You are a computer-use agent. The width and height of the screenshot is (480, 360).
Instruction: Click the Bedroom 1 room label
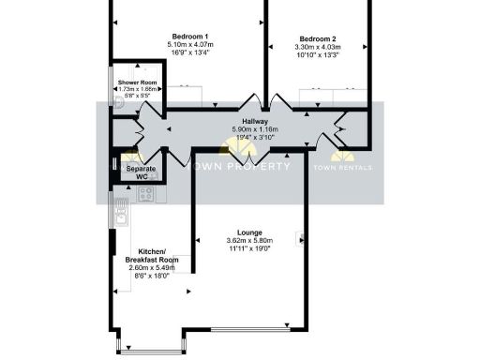point(192,36)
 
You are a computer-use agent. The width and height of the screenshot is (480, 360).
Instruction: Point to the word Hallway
point(254,122)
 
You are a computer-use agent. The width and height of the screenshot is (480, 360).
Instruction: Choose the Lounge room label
point(249,232)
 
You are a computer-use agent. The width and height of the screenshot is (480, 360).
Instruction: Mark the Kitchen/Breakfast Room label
point(150,256)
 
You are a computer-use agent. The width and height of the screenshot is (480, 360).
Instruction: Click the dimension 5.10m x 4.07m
point(192,44)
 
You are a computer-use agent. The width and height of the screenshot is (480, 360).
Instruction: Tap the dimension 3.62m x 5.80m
point(249,240)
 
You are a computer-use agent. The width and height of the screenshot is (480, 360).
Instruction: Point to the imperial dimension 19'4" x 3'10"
point(254,138)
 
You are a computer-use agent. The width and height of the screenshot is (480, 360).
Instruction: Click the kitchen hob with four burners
point(146,194)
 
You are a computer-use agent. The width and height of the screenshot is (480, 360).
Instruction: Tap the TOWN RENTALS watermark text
point(342,166)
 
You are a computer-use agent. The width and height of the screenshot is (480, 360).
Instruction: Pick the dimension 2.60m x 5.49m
point(150,268)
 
